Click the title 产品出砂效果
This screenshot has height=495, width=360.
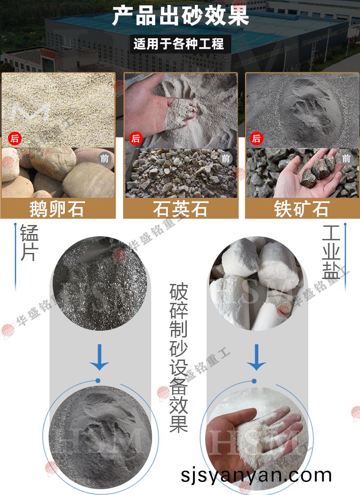tap(180, 16)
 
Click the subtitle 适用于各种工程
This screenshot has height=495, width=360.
tap(179, 44)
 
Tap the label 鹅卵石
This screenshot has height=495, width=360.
tap(57, 209)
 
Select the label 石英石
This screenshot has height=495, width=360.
tap(180, 209)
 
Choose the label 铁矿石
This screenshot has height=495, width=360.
tap(301, 209)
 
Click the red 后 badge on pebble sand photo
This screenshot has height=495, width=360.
tap(14, 139)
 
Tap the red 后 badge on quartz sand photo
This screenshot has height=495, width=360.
tap(136, 139)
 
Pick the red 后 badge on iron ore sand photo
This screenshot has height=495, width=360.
tap(256, 139)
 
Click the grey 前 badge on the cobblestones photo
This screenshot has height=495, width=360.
tap(104, 158)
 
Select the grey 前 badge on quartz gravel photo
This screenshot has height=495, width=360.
tap(225, 158)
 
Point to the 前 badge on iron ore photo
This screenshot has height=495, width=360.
tap(346, 158)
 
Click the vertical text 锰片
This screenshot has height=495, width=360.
tap(29, 243)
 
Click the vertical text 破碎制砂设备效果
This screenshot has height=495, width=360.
tap(179, 357)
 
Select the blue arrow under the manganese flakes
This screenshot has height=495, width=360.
tap(99, 357)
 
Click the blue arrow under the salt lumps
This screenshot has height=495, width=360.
tap(256, 357)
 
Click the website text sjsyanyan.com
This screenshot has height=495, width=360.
tap(256, 475)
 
